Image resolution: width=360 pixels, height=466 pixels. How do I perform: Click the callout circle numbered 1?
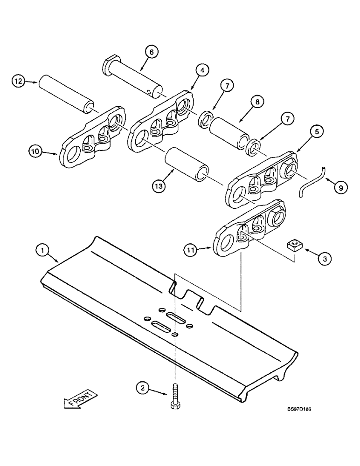(x=42, y=251)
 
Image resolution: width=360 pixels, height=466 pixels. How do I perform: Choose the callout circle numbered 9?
(x=340, y=187)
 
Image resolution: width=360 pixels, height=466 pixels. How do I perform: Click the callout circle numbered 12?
(x=18, y=82)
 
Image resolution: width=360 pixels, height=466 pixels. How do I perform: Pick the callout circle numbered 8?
(x=257, y=101)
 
